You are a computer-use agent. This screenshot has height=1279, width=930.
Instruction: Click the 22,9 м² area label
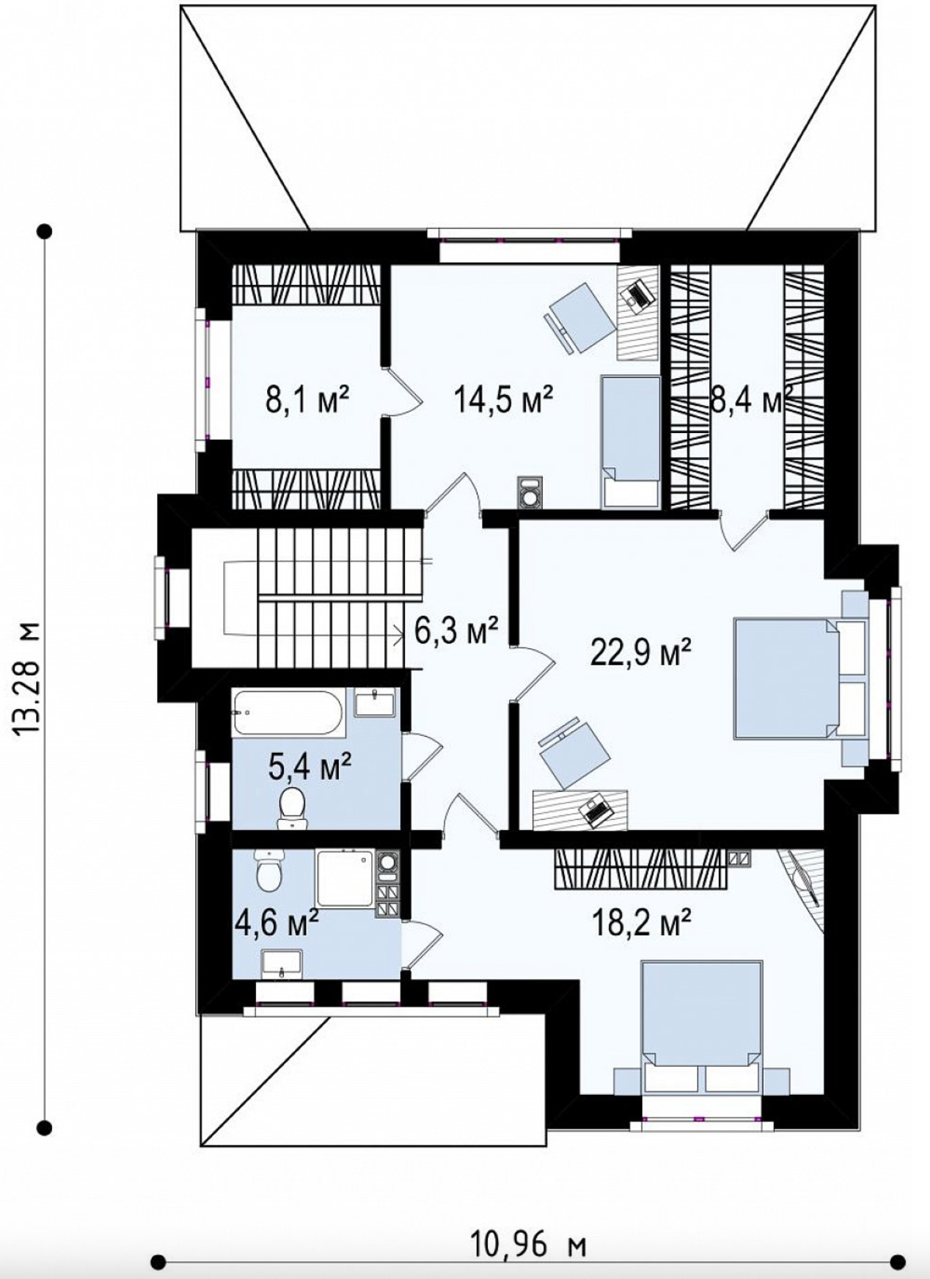coord(641,652)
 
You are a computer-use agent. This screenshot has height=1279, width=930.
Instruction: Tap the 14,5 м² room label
coord(503,401)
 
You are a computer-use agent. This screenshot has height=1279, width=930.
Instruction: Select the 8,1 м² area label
coord(307,401)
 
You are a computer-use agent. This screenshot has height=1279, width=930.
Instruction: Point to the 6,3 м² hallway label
coord(456,630)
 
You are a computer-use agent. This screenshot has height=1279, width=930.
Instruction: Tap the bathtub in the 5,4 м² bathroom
coord(288,713)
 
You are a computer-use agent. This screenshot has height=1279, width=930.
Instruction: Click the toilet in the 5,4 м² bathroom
coord(293,809)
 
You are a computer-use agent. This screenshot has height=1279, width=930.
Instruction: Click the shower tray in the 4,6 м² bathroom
coord(345,878)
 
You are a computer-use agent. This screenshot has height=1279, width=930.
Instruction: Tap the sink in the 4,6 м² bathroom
coord(282,963)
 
